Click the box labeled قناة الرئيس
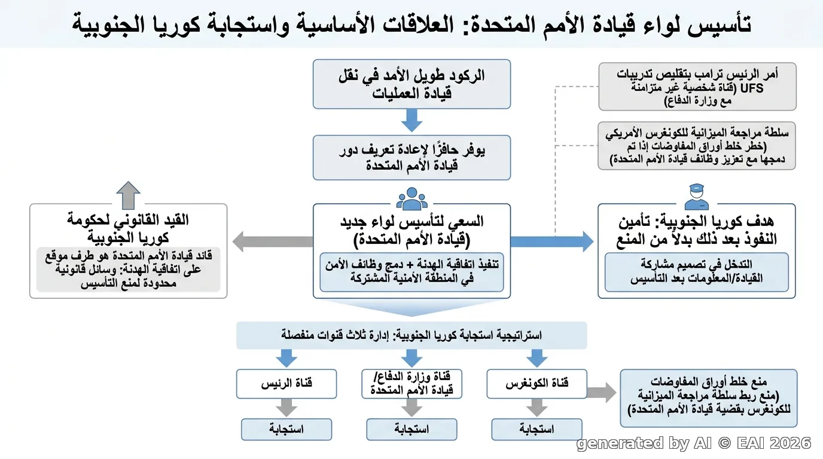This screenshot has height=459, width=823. tap(286, 384)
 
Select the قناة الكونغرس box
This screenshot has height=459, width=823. tap(537, 384)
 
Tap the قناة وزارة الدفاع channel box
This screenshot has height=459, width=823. tap(412, 384)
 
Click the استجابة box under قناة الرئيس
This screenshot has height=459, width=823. tap(286, 429)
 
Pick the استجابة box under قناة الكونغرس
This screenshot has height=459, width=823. tap(537, 429)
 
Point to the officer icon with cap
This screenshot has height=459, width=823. tap(697, 197)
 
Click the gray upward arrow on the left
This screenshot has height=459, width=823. tap(128, 195)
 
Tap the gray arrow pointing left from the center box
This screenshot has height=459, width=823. tap(273, 241)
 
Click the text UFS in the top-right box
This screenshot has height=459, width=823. tap(752, 88)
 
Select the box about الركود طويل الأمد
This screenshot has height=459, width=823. tap(412, 84)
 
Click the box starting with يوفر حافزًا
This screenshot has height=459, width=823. tap(412, 158)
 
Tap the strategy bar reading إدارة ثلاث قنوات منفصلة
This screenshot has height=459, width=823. tap(411, 335)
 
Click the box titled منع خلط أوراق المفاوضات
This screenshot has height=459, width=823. tap(709, 398)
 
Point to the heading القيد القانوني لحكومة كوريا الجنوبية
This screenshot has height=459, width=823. tap(128, 229)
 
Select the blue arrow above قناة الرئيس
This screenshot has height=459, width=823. tap(286, 359)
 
